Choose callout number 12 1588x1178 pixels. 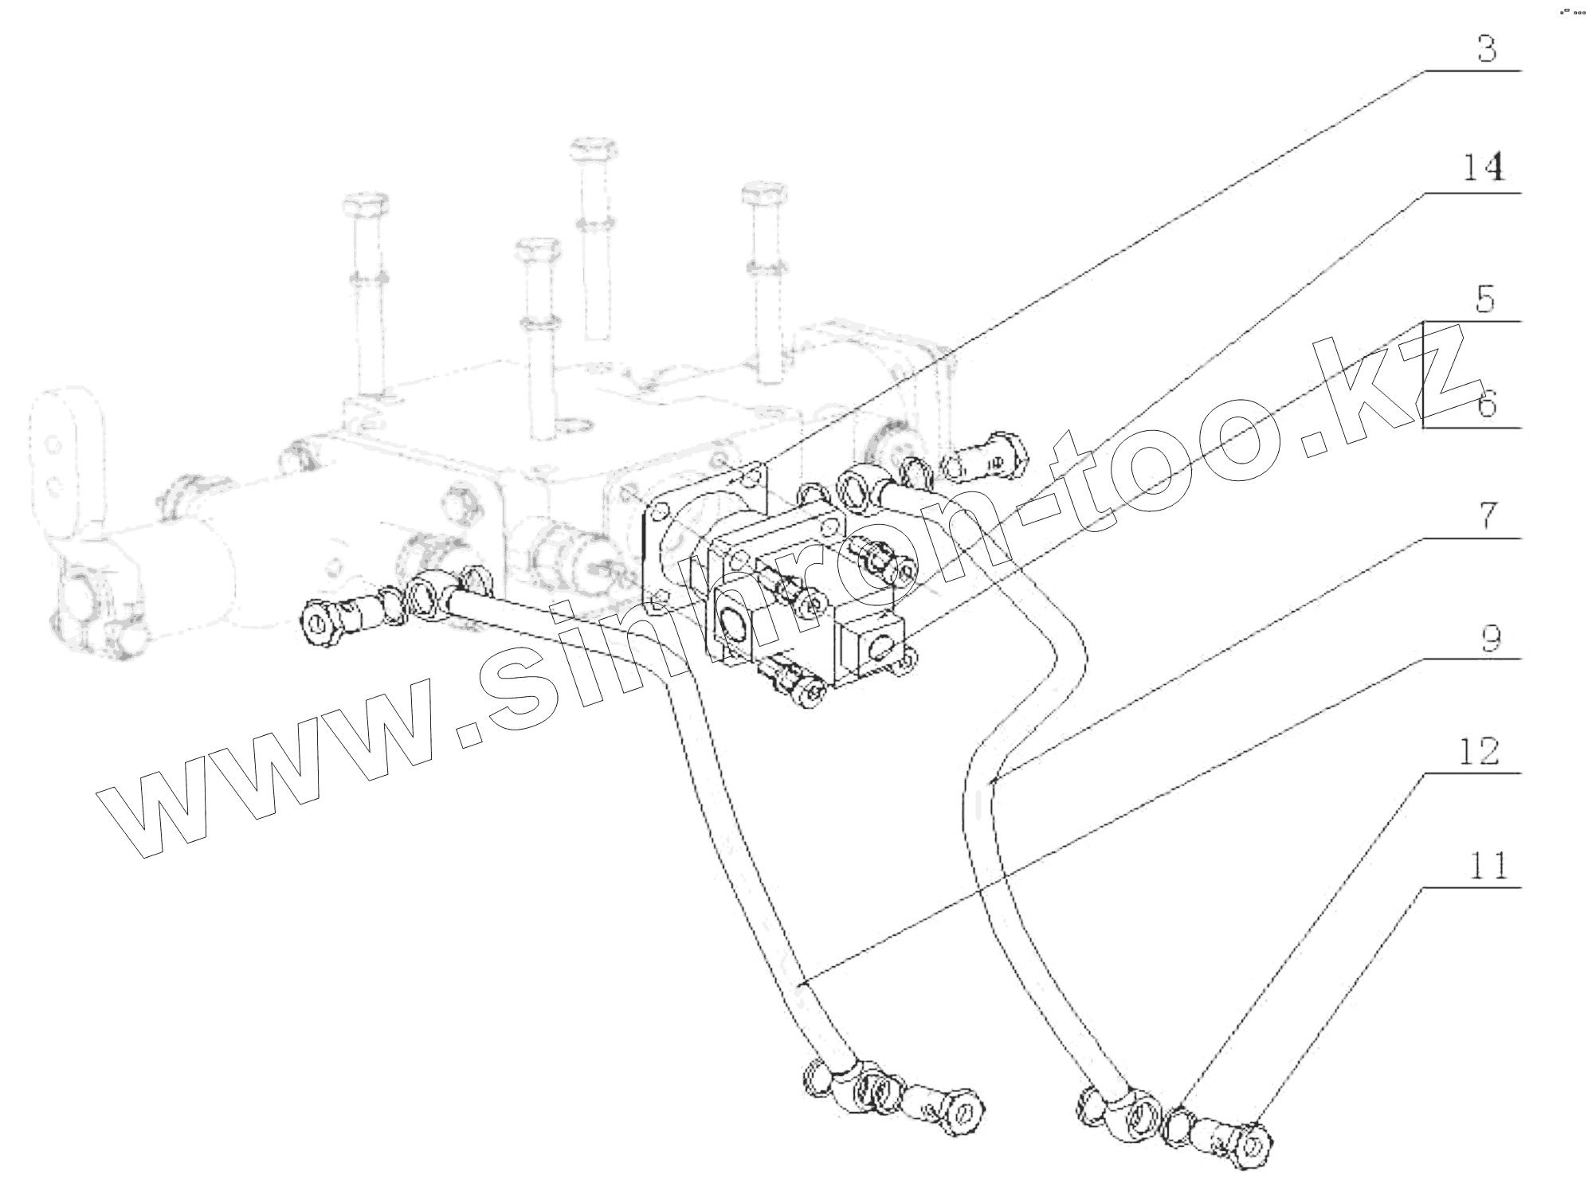(x=1480, y=751)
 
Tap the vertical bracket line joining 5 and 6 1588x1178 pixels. (x=1423, y=374)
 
